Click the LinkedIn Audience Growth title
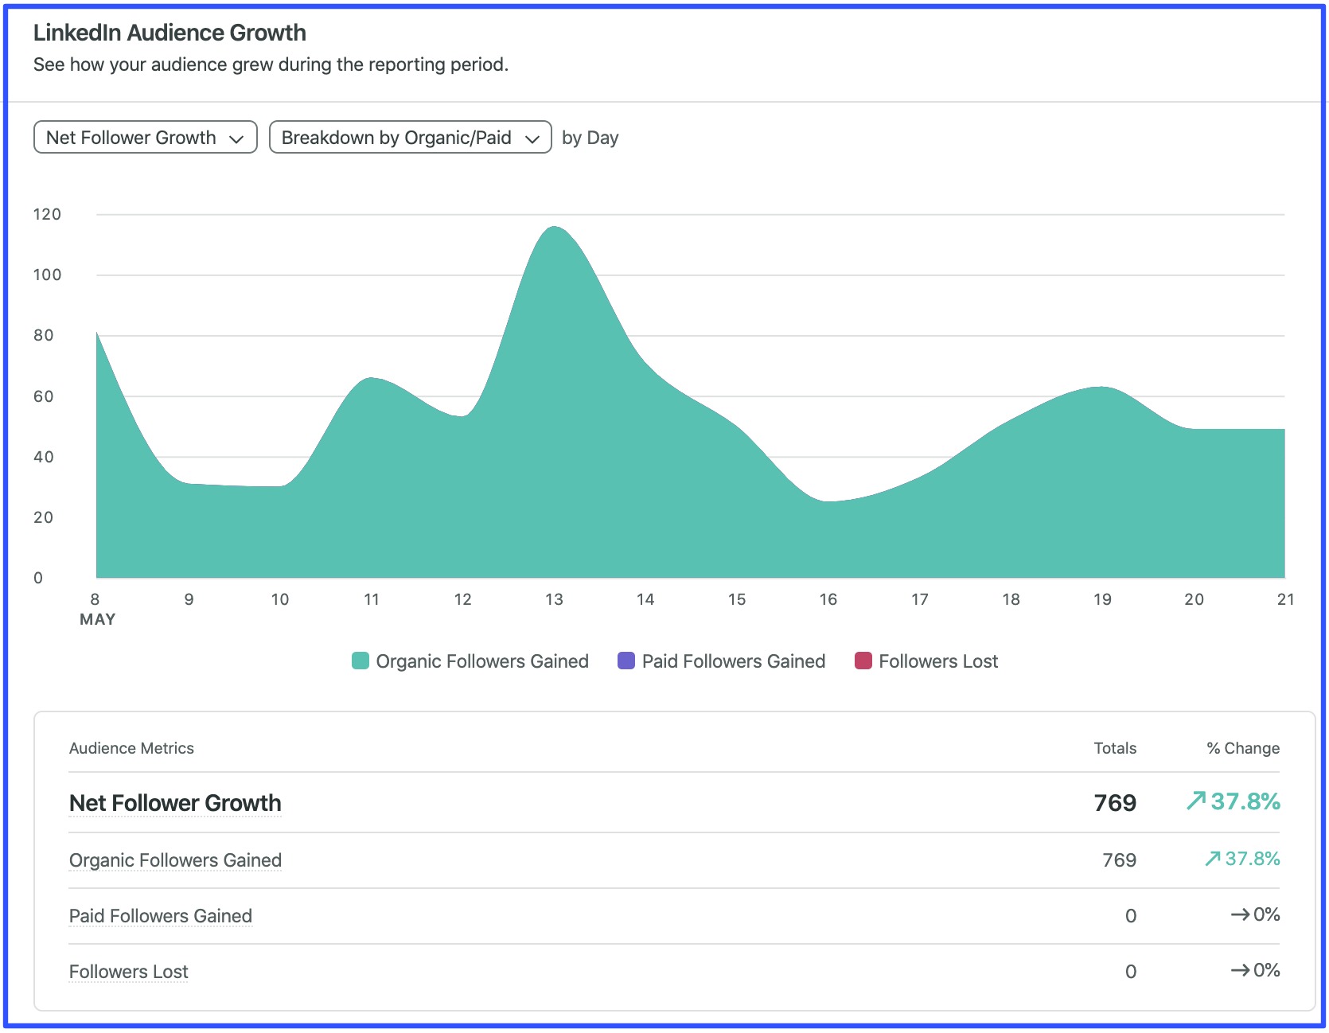170,33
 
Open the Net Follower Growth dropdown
145,138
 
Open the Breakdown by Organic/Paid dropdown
410,138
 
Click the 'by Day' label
590,138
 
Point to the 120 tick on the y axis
47,214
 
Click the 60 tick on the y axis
44,396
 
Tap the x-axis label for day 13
554,599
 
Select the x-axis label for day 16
828,599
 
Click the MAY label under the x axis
97,619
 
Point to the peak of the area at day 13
554,228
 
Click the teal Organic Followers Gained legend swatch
361,661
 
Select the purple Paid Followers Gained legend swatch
626,661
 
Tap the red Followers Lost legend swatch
863,661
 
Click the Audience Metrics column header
131,748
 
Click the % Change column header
1242,748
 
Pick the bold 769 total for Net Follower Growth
1114,803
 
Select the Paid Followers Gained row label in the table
161,916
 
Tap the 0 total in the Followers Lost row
1130,972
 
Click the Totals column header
1114,748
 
